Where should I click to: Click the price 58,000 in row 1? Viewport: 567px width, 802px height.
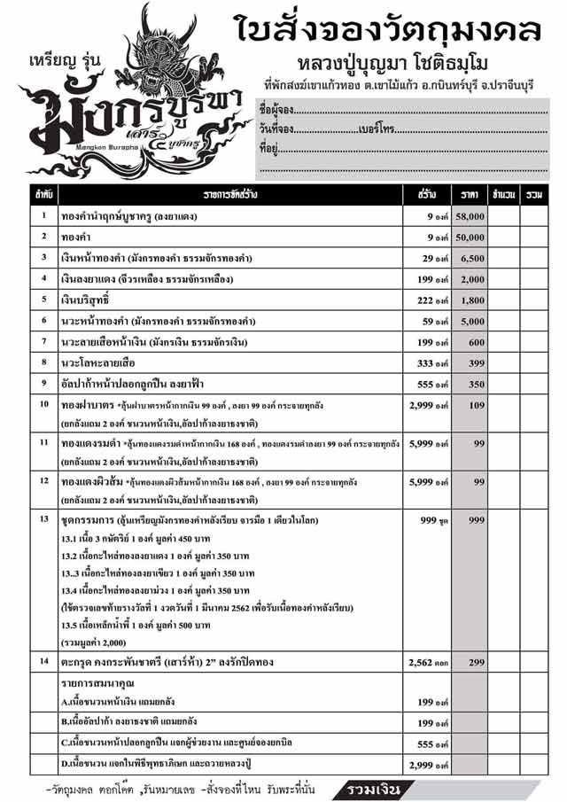(x=470, y=215)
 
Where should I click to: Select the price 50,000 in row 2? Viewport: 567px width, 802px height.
(x=470, y=237)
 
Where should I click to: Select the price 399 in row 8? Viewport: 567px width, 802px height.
(x=475, y=362)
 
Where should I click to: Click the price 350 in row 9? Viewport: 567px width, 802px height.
(x=475, y=384)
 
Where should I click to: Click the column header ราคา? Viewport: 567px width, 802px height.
(x=470, y=193)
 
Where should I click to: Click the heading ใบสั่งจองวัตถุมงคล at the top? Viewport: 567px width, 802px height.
(x=390, y=31)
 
